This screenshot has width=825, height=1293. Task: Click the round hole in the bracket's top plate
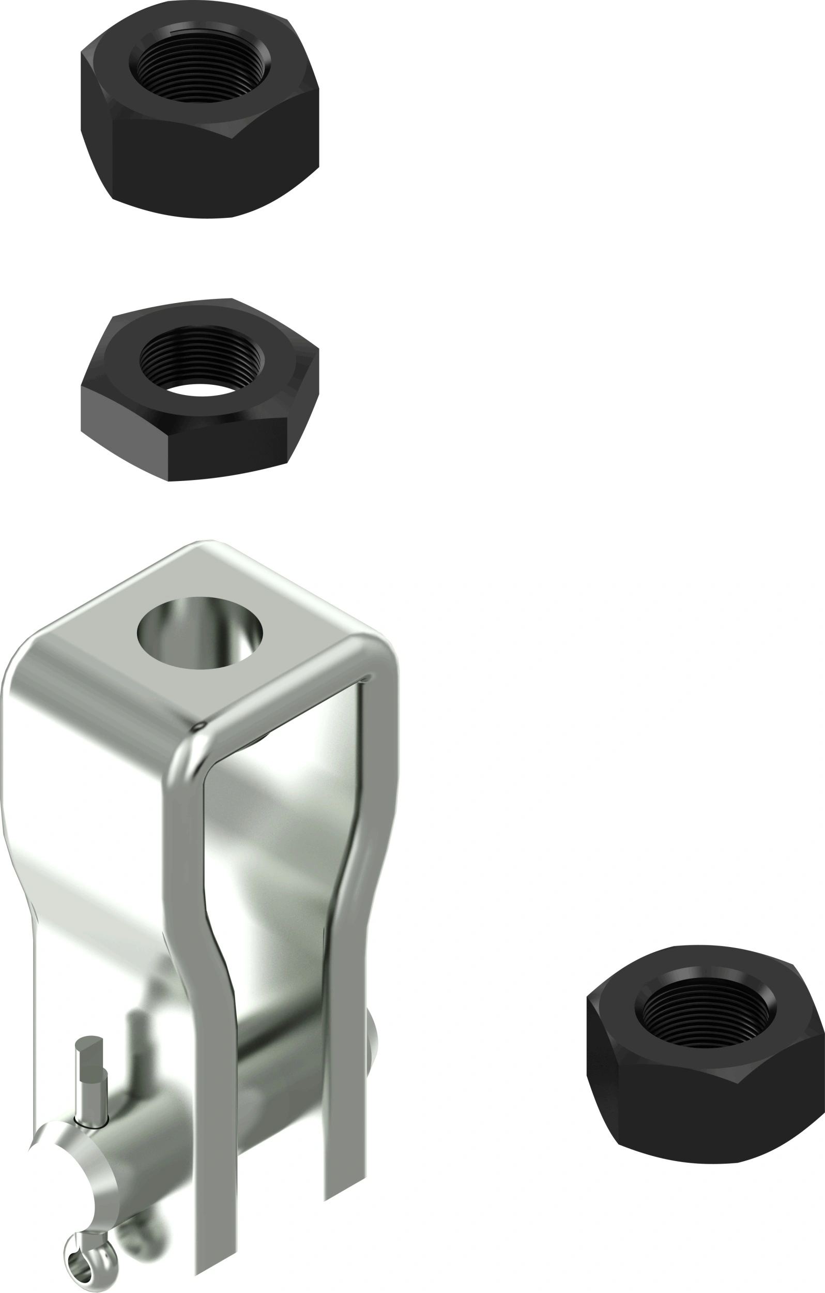pyautogui.click(x=200, y=633)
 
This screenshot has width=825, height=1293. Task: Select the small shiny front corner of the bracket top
pyautogui.click(x=199, y=727)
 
